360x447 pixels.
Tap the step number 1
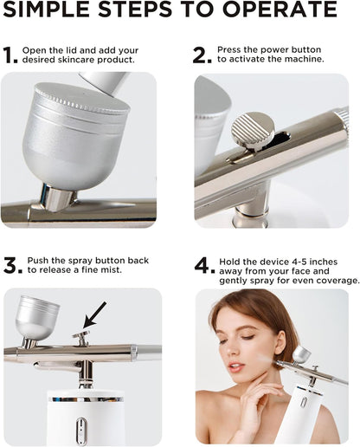[10, 55]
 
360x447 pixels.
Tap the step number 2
[202, 55]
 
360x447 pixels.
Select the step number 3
[12, 265]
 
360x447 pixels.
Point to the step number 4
[204, 265]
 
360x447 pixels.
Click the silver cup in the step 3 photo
[36, 315]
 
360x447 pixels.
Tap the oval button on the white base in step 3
[81, 427]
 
